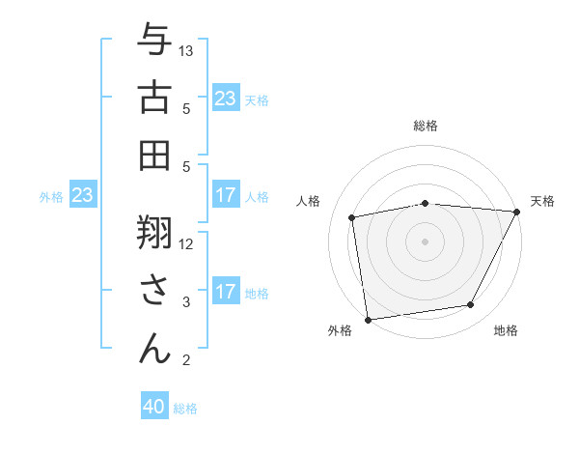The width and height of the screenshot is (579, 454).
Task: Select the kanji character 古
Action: [155, 99]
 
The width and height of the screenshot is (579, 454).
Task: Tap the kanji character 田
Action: [155, 155]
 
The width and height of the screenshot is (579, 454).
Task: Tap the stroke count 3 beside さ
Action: [186, 302]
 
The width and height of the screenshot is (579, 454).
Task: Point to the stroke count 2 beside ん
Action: [186, 361]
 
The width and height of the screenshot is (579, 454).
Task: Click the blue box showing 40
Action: [154, 407]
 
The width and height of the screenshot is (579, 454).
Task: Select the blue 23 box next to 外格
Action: [83, 195]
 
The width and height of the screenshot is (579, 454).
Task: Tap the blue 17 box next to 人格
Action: [226, 195]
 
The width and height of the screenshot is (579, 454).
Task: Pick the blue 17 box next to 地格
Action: [226, 291]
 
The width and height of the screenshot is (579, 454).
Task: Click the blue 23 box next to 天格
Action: [226, 99]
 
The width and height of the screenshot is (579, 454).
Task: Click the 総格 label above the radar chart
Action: [425, 126]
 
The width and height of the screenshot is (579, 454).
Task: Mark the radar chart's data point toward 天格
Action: [517, 212]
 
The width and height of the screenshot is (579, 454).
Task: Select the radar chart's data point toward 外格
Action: [368, 318]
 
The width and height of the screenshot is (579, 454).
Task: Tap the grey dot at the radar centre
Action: [425, 241]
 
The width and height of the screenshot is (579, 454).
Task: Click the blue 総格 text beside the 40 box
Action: [185, 409]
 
